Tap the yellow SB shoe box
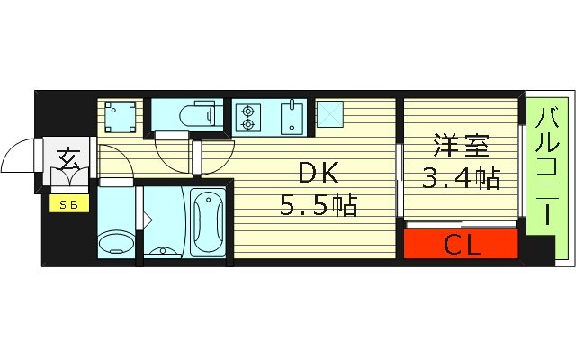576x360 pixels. pyautogui.click(x=68, y=204)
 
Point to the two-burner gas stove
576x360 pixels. pyautogui.click(x=247, y=117)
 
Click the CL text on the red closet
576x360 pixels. pyautogui.click(x=461, y=243)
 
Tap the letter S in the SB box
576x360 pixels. pyautogui.click(x=64, y=204)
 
